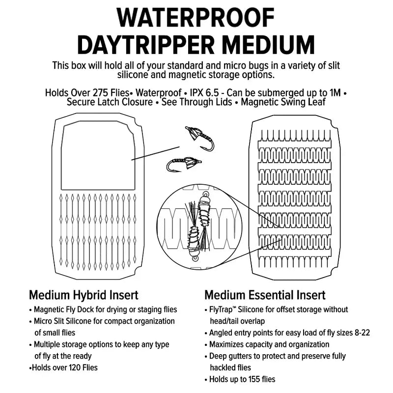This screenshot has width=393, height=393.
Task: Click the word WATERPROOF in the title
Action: tap(196, 18)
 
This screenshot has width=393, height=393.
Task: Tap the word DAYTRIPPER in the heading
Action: tap(146, 45)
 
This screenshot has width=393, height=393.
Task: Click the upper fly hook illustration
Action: tap(200, 139)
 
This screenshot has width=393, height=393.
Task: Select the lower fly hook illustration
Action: tap(184, 165)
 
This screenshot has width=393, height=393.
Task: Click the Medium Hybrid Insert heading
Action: tap(84, 295)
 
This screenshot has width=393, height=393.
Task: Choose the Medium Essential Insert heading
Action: tap(265, 295)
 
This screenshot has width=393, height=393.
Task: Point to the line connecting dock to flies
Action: tap(155, 153)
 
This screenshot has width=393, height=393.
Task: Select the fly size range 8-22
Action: tap(363, 333)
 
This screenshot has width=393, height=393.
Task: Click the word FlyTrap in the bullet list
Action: tap(221, 310)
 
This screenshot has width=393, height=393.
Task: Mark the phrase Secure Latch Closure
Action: tap(110, 102)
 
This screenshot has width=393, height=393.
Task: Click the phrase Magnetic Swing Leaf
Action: tap(283, 102)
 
